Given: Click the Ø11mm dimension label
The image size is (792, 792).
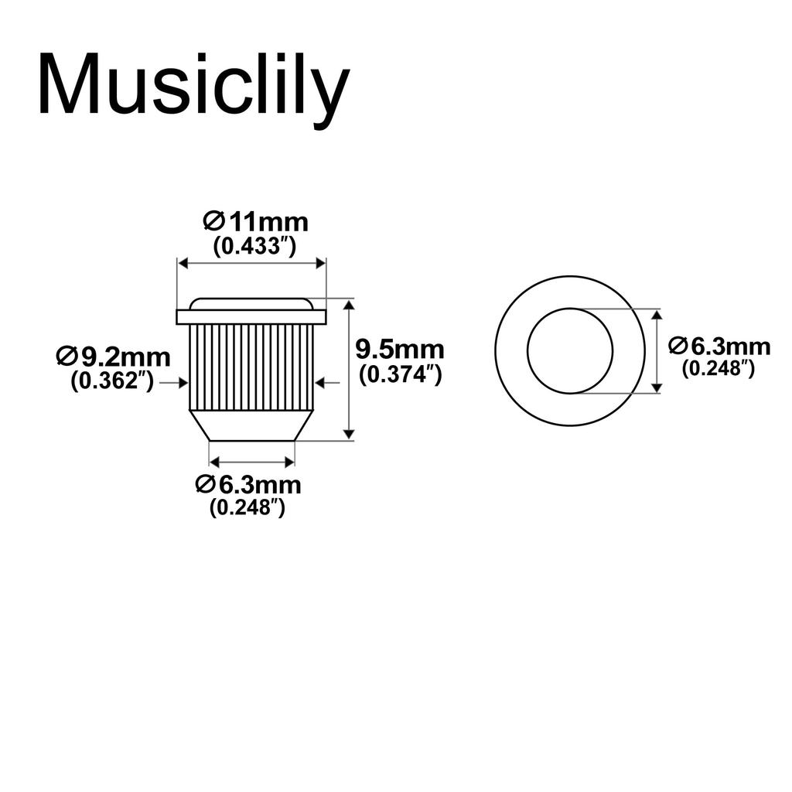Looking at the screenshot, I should pyautogui.click(x=255, y=222).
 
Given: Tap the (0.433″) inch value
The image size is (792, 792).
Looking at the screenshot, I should pyautogui.click(x=255, y=247).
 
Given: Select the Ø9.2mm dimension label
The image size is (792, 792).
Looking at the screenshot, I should pyautogui.click(x=113, y=357).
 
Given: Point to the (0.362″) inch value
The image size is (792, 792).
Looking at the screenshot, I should pyautogui.click(x=113, y=381).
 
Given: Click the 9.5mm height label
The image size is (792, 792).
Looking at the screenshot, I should pyautogui.click(x=400, y=350).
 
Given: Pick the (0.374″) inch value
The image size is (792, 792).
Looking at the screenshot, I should pyautogui.click(x=400, y=374).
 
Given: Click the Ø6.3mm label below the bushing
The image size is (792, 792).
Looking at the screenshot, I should pyautogui.click(x=248, y=485).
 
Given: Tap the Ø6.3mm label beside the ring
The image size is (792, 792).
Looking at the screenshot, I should pyautogui.click(x=719, y=346).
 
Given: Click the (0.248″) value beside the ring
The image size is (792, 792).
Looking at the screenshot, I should pyautogui.click(x=718, y=368).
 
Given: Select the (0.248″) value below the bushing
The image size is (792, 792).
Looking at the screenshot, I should pyautogui.click(x=247, y=508).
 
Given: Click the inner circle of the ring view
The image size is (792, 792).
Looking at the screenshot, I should pyautogui.click(x=570, y=350).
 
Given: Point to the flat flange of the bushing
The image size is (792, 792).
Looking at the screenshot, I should pyautogui.click(x=251, y=317).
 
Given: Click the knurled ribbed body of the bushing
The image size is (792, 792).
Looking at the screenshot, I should pyautogui.click(x=251, y=367).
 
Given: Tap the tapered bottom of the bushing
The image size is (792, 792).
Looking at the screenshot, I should pyautogui.click(x=251, y=425).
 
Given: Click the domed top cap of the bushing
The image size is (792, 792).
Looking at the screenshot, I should pyautogui.click(x=251, y=303).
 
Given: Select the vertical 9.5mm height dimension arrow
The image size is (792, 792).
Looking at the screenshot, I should pyautogui.click(x=349, y=370).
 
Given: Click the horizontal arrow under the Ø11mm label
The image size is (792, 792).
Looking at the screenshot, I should pyautogui.click(x=251, y=264).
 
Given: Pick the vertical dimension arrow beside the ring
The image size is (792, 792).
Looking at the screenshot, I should pyautogui.click(x=657, y=350).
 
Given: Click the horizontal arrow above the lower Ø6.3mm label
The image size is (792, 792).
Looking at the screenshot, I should pyautogui.click(x=252, y=463).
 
